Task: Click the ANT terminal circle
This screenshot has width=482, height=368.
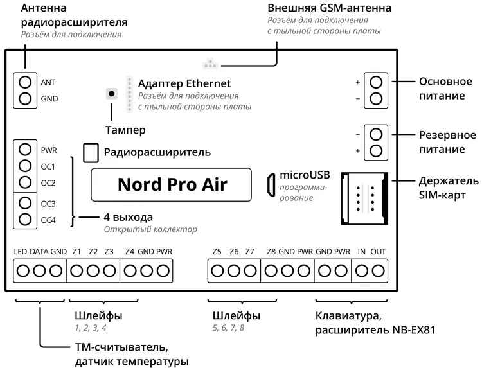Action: [x=25, y=82]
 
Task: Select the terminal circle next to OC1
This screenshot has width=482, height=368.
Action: [x=25, y=166]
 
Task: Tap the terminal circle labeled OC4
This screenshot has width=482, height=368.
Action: [x=25, y=220]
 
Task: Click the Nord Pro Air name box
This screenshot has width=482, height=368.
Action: [x=172, y=185]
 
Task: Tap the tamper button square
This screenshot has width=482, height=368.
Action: [x=112, y=93]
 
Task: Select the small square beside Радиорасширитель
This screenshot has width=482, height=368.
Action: [x=92, y=152]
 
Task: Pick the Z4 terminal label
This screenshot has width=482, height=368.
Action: [x=130, y=251]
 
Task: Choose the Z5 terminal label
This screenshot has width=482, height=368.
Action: [x=217, y=251]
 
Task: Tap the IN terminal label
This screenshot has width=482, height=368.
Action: [x=362, y=251]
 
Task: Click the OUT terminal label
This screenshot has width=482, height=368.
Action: [x=378, y=251]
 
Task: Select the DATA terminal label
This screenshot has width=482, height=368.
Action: [x=39, y=251]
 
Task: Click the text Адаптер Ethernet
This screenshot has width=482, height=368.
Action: [x=184, y=84]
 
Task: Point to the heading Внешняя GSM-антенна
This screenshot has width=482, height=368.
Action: [x=320, y=8]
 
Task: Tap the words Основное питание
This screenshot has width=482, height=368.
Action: [x=442, y=89]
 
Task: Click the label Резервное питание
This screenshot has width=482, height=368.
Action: [x=447, y=142]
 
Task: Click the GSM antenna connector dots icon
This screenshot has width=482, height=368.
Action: [x=209, y=64]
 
